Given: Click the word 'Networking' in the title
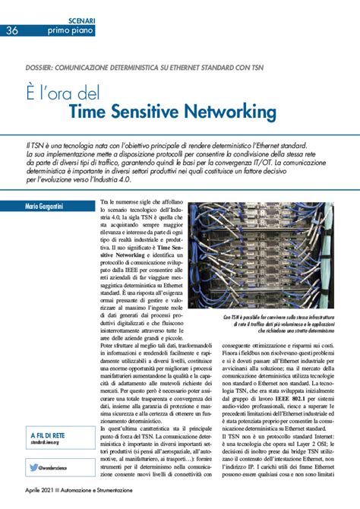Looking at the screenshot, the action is tap(230, 112).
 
